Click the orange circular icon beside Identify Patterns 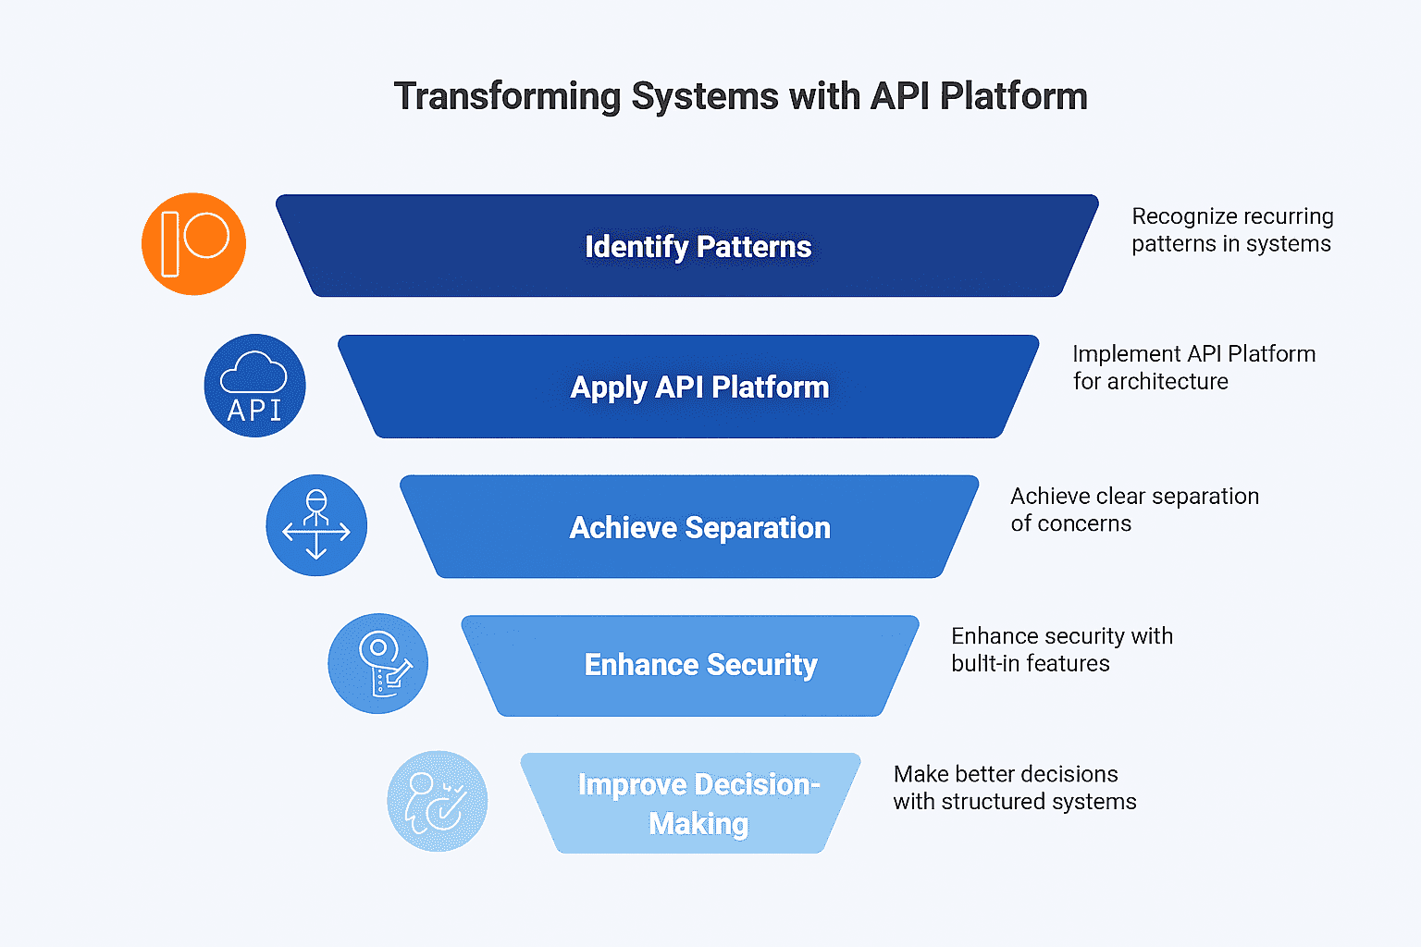[x=193, y=244]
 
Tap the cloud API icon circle [x=255, y=386]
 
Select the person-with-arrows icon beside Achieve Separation [x=316, y=525]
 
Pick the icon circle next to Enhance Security [x=378, y=663]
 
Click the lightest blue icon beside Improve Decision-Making [x=438, y=801]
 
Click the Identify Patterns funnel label [x=698, y=247]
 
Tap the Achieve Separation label [x=699, y=528]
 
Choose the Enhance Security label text [x=700, y=665]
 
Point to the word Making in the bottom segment [x=698, y=824]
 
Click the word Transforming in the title [x=508, y=97]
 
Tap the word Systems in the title [x=705, y=97]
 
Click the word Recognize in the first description [x=1180, y=217]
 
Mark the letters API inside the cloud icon [x=254, y=411]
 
